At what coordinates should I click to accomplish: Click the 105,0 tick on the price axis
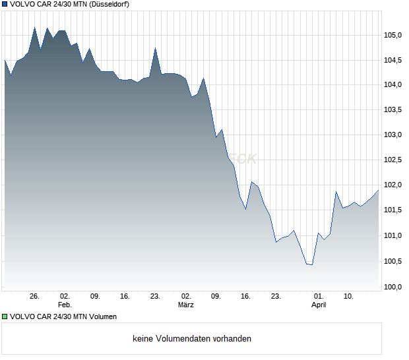tap(394, 35)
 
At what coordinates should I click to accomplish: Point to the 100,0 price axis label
tap(394, 286)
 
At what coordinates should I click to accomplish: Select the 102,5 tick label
tap(394, 160)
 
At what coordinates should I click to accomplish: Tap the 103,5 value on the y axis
tap(394, 110)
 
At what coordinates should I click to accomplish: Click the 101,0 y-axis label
tap(394, 236)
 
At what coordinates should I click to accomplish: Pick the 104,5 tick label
tap(394, 60)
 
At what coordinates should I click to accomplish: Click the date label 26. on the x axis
tap(35, 296)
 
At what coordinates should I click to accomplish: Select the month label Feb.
tap(64, 305)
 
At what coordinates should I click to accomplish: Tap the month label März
tap(186, 305)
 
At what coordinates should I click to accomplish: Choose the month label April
tap(319, 305)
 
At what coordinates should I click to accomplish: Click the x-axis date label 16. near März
tap(246, 296)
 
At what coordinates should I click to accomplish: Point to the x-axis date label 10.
tap(348, 296)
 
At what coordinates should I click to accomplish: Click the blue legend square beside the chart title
tap(5, 4)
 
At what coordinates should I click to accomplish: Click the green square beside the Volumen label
tap(5, 316)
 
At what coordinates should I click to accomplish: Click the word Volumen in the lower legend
tap(102, 316)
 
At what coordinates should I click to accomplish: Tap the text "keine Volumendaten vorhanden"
tap(192, 339)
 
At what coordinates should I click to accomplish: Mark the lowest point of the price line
tap(311, 264)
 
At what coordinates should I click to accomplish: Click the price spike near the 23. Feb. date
tap(155, 48)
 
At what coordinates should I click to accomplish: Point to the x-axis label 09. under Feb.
tap(95, 296)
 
